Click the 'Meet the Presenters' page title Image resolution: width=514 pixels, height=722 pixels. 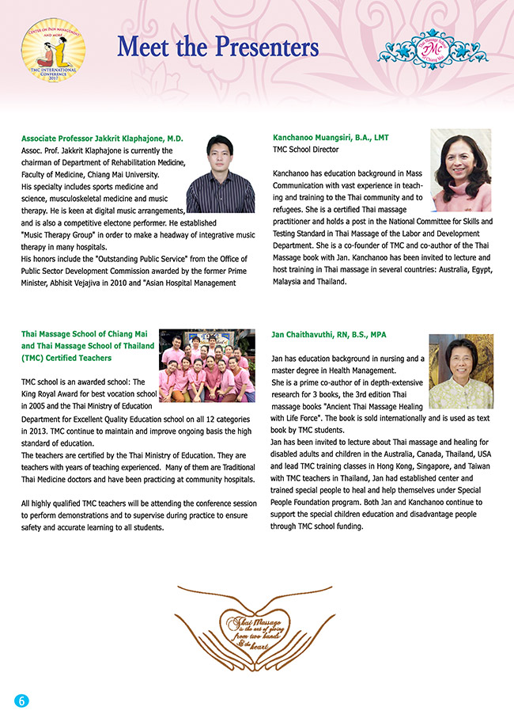click(217, 47)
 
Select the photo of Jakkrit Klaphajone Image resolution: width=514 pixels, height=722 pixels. click(220, 174)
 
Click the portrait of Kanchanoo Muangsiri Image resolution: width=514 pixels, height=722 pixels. click(461, 170)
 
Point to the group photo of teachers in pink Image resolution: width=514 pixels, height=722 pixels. click(206, 365)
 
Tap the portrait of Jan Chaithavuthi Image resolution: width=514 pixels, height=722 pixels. click(460, 370)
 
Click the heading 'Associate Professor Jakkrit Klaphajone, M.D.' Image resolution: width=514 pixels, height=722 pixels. click(102, 139)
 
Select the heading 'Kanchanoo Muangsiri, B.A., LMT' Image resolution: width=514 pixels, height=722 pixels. click(331, 138)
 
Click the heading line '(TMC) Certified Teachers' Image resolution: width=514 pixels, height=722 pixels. click(66, 358)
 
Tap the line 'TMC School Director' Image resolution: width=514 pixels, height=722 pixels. click(305, 149)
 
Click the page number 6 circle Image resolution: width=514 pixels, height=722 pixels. click(21, 701)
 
